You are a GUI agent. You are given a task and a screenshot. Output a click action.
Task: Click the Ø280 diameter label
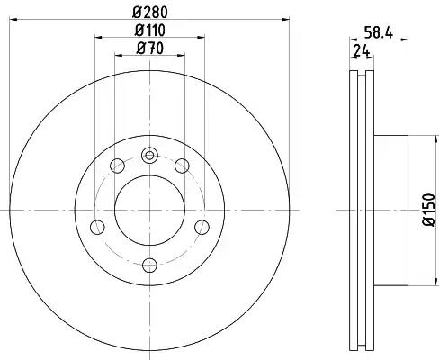point(150,13)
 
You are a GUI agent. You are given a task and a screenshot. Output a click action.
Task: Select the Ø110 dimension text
point(150,31)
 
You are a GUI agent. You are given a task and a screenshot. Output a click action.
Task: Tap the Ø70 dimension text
point(150,49)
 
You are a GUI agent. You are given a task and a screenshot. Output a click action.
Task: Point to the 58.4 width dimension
point(379,32)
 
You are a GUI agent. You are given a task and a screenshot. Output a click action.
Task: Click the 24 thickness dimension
point(362,51)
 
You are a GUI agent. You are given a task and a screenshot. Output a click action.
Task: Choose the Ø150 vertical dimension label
point(428,210)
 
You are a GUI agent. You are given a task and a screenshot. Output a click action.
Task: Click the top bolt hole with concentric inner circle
point(149,156)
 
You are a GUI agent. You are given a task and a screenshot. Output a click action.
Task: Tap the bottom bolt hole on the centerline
point(149,265)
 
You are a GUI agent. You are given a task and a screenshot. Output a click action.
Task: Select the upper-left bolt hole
point(117,166)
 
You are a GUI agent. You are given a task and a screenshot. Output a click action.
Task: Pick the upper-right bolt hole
point(182,166)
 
